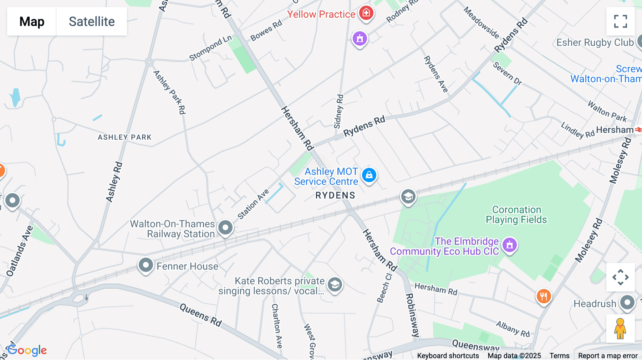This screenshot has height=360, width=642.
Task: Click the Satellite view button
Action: click(92, 21)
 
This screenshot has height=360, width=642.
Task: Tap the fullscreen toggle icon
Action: click(620, 21)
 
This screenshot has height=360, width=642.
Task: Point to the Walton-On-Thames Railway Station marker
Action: click(225, 227)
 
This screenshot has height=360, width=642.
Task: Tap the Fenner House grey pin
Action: click(146, 265)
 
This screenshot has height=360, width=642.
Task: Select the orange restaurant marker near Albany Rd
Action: click(544, 296)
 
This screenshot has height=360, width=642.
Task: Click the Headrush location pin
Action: click(627, 303)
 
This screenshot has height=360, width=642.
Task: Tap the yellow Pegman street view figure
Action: click(620, 329)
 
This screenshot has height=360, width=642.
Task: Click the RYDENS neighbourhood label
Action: click(335, 195)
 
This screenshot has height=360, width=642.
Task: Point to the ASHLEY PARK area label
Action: click(124, 137)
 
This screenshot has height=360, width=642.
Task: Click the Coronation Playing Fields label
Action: click(516, 215)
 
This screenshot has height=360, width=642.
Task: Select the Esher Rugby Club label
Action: click(595, 43)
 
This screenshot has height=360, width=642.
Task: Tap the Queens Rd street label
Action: click(200, 315)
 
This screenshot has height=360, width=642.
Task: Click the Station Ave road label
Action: click(253, 204)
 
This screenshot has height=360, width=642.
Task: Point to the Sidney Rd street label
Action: click(338, 111)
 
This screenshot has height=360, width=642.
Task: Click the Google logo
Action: click(27, 350)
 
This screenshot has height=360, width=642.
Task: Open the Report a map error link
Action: click(608, 356)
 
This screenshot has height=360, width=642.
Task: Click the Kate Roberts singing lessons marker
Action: click(335, 285)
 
